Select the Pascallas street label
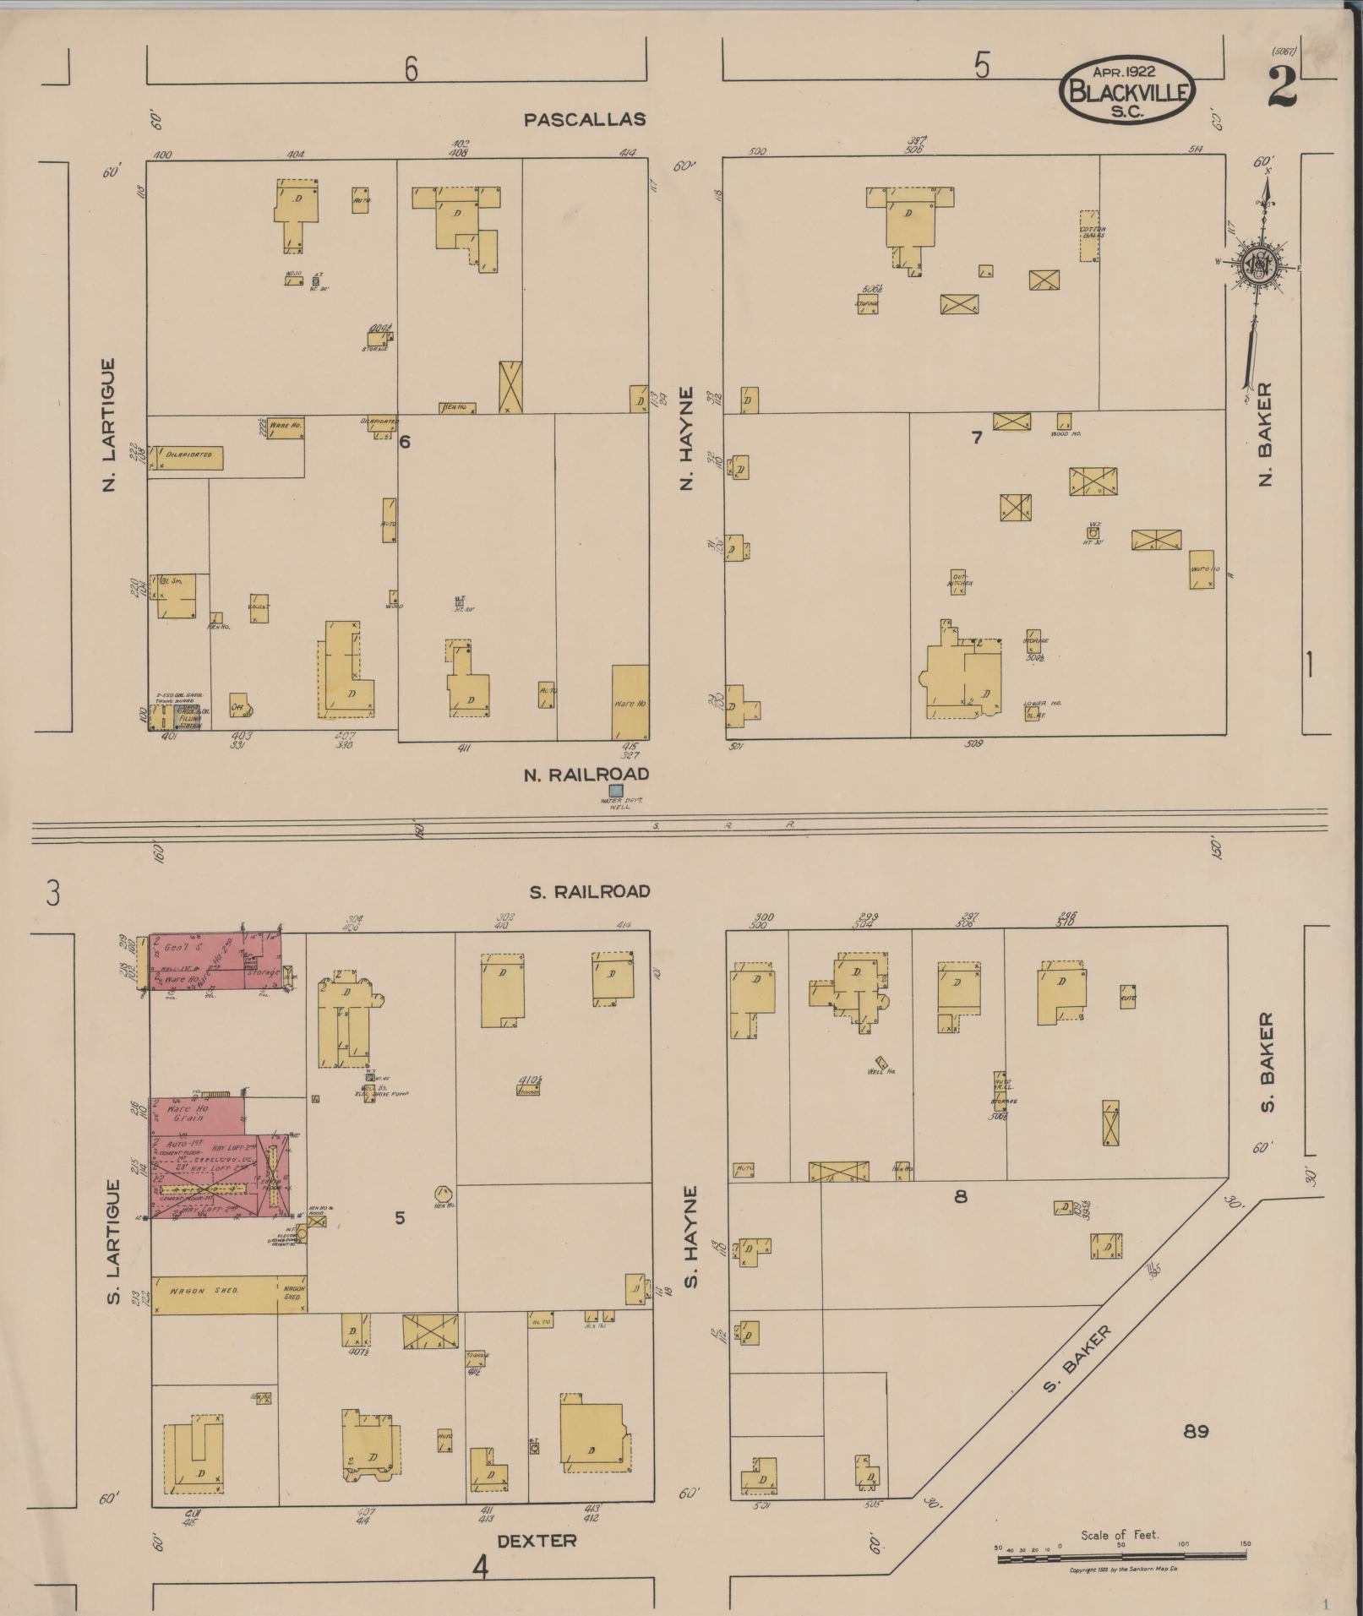pos(585,120)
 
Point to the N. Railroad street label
pos(586,774)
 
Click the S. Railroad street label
pos(590,891)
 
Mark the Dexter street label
pos(537,1541)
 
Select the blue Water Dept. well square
pos(616,791)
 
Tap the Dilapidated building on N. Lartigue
pos(186,458)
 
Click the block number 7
pos(976,438)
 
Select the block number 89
pos(1196,1431)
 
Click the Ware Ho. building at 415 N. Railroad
pos(630,702)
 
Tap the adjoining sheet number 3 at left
pos(53,893)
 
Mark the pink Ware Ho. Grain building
pos(197,1114)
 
